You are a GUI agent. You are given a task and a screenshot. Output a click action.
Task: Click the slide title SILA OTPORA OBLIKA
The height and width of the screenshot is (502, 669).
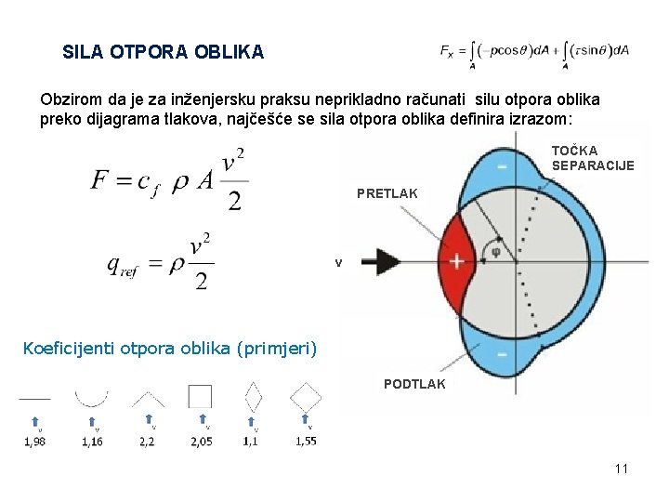[x=163, y=53]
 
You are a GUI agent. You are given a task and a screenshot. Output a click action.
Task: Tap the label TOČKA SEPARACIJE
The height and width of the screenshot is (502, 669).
[x=592, y=158]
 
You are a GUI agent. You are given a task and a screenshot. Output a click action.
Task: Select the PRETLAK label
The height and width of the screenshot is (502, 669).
[x=387, y=194]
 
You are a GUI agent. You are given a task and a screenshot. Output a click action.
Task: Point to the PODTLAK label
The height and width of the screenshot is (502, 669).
[x=414, y=384]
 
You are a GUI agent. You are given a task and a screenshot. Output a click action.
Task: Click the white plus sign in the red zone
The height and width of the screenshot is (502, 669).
[x=457, y=261]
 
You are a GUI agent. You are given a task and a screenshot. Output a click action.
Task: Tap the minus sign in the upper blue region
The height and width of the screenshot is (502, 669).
[x=503, y=165]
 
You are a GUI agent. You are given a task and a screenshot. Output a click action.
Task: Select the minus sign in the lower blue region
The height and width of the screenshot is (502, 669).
[x=503, y=356]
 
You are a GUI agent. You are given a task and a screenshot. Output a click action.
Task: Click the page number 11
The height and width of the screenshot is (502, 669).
[x=622, y=469]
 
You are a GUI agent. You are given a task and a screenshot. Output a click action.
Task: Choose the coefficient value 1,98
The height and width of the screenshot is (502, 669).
[x=35, y=442]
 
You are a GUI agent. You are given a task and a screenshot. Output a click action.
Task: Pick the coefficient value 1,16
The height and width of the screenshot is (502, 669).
[x=92, y=442]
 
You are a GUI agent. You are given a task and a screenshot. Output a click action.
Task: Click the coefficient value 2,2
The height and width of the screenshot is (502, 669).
[x=147, y=442]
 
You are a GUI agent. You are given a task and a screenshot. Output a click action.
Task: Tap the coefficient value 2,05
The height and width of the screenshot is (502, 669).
[x=201, y=442]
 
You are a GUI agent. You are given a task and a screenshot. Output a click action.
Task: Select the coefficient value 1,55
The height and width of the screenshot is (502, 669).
[x=306, y=441]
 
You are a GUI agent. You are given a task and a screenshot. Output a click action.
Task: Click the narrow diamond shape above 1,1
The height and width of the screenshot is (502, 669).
[x=253, y=398]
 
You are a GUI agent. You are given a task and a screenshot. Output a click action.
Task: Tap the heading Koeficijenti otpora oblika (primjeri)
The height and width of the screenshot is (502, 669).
[x=170, y=350]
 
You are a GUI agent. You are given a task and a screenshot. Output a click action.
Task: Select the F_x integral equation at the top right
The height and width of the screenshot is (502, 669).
[x=534, y=53]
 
